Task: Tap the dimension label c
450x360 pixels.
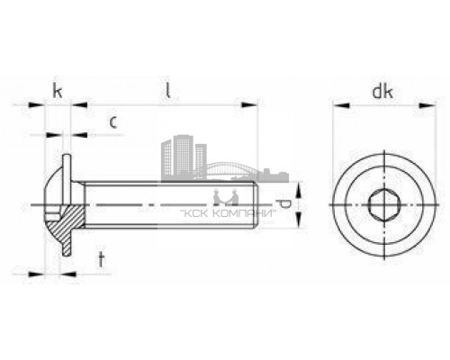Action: pyautogui.click(x=112, y=122)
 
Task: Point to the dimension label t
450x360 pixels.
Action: pyautogui.click(x=102, y=260)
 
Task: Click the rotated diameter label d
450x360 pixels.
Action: pyautogui.click(x=284, y=204)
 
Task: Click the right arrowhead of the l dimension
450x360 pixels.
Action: pyautogui.click(x=249, y=105)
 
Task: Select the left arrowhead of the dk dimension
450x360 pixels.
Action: pyautogui.click(x=341, y=105)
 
